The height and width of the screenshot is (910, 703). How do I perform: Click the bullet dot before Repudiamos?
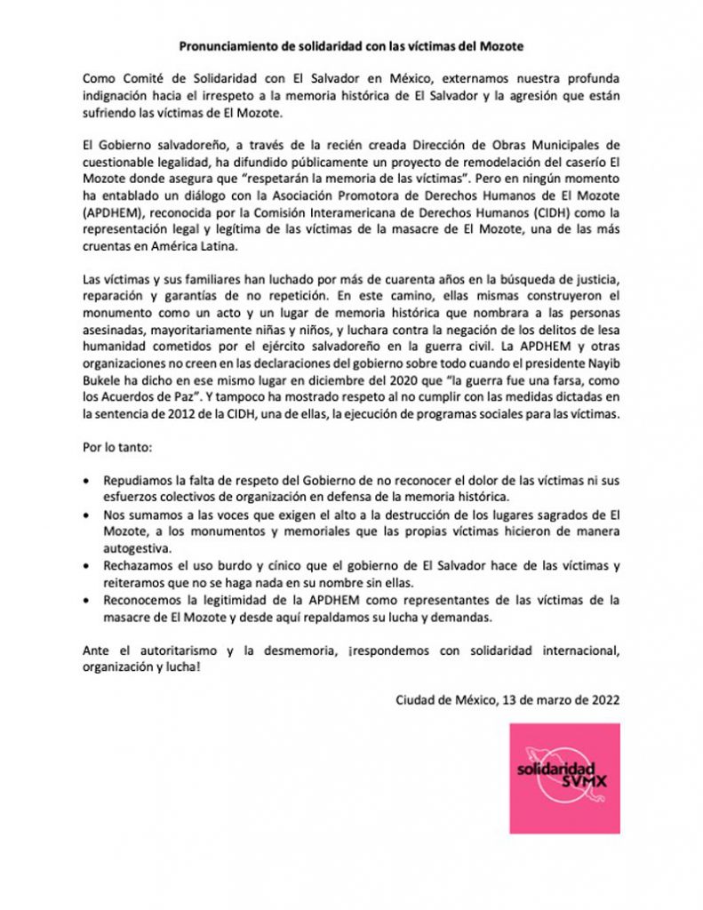pos(85,480)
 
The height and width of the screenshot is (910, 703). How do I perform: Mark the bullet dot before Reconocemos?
pos(85,601)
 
